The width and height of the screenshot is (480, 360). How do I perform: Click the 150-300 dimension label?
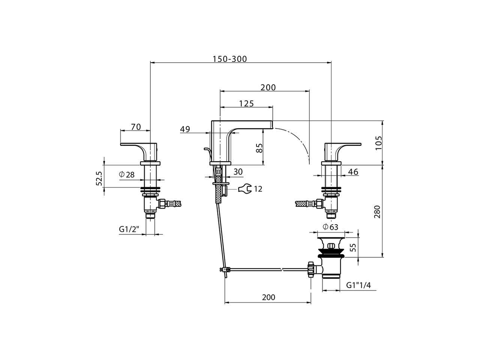230,59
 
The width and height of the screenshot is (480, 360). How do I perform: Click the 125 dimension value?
246,103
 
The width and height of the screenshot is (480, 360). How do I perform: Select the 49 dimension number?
185,129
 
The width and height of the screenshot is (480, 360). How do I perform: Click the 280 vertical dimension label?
377,211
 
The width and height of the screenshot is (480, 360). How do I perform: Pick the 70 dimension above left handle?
136,127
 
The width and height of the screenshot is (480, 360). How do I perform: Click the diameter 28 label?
127,174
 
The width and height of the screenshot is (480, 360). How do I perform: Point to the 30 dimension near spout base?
238,172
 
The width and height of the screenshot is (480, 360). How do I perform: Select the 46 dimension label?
353,172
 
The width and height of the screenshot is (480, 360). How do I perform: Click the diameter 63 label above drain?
330,226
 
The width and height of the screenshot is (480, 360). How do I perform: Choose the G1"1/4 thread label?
358,285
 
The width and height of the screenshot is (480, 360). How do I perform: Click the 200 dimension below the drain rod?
268,297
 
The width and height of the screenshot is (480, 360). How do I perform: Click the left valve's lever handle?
135,145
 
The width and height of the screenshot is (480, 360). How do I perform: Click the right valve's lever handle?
347,145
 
